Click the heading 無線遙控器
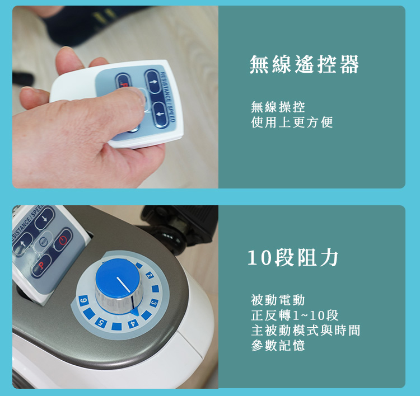click(x=304, y=64)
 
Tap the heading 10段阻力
click(x=292, y=258)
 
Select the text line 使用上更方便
click(x=292, y=122)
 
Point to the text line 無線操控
click(x=278, y=107)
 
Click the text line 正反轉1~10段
click(x=295, y=315)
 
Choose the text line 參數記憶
click(x=278, y=345)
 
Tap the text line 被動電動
click(x=278, y=300)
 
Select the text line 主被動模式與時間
click(x=306, y=330)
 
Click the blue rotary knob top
click(x=118, y=278)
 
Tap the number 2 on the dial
click(x=150, y=275)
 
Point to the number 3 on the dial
click(x=154, y=303)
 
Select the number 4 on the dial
click(x=133, y=324)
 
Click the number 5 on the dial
click(x=101, y=322)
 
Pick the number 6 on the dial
click(x=83, y=301)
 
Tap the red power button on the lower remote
click(x=63, y=239)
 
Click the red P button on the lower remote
click(x=41, y=265)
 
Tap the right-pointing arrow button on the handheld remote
click(x=153, y=82)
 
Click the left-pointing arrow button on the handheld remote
click(x=161, y=114)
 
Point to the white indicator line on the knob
click(x=124, y=284)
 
